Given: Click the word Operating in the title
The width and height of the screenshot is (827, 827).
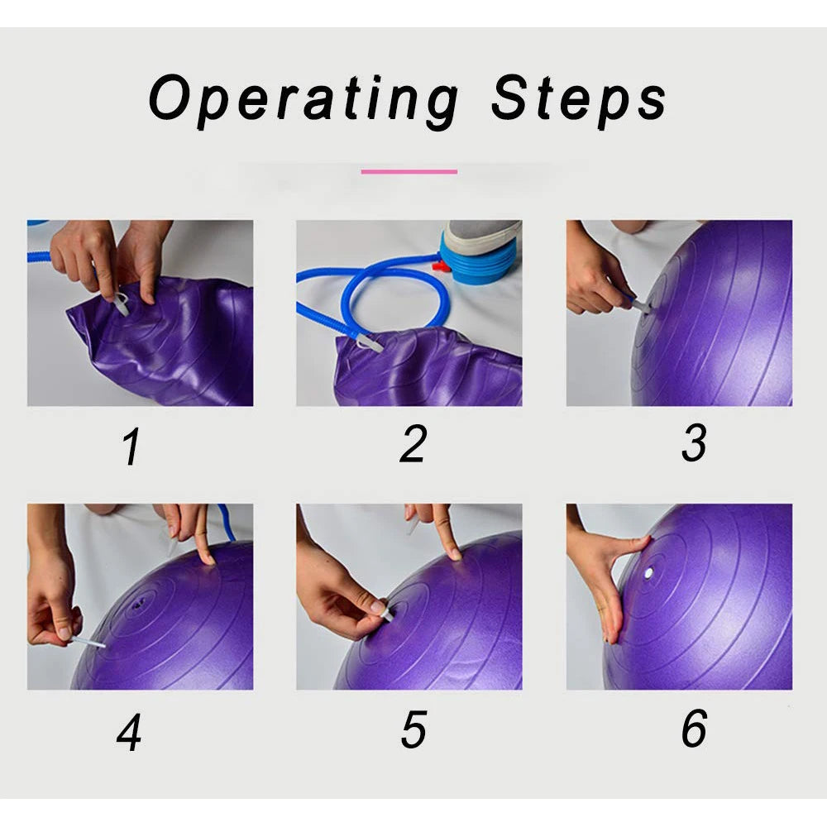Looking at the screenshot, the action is pos(304,100).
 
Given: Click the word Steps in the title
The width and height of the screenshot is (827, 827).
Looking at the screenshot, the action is pos(579,100).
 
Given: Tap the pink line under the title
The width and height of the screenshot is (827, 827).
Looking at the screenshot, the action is pos(409,171).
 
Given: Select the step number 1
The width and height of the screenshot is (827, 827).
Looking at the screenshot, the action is pos(131,446).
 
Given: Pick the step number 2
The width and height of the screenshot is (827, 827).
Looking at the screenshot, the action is pos(413,444).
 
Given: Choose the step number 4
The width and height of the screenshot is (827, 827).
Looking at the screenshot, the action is pos(129,732).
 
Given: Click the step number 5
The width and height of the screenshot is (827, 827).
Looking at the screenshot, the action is pos(413,729).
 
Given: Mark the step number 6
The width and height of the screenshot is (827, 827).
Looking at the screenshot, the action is pos(694,728).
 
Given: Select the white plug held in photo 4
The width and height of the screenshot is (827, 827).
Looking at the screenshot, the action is pos(88,642).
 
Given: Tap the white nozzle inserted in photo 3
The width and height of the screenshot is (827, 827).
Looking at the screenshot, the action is pos(642,305).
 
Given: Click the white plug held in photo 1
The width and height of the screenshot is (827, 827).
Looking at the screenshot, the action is pos(121,305).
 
